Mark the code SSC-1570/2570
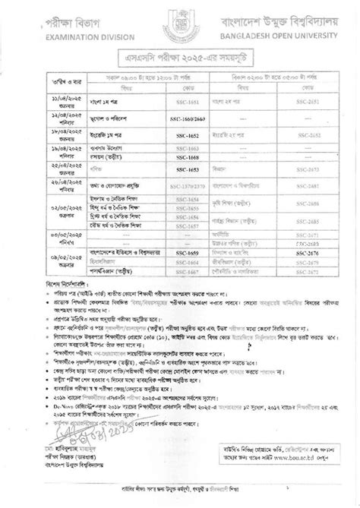click(193, 185)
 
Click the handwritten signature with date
click(53, 447)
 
